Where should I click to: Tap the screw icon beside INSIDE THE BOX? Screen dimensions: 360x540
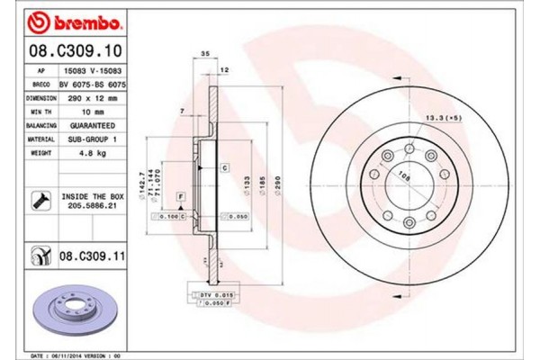[x=40, y=200]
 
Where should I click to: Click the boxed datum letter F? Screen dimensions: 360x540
[x=180, y=196]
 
